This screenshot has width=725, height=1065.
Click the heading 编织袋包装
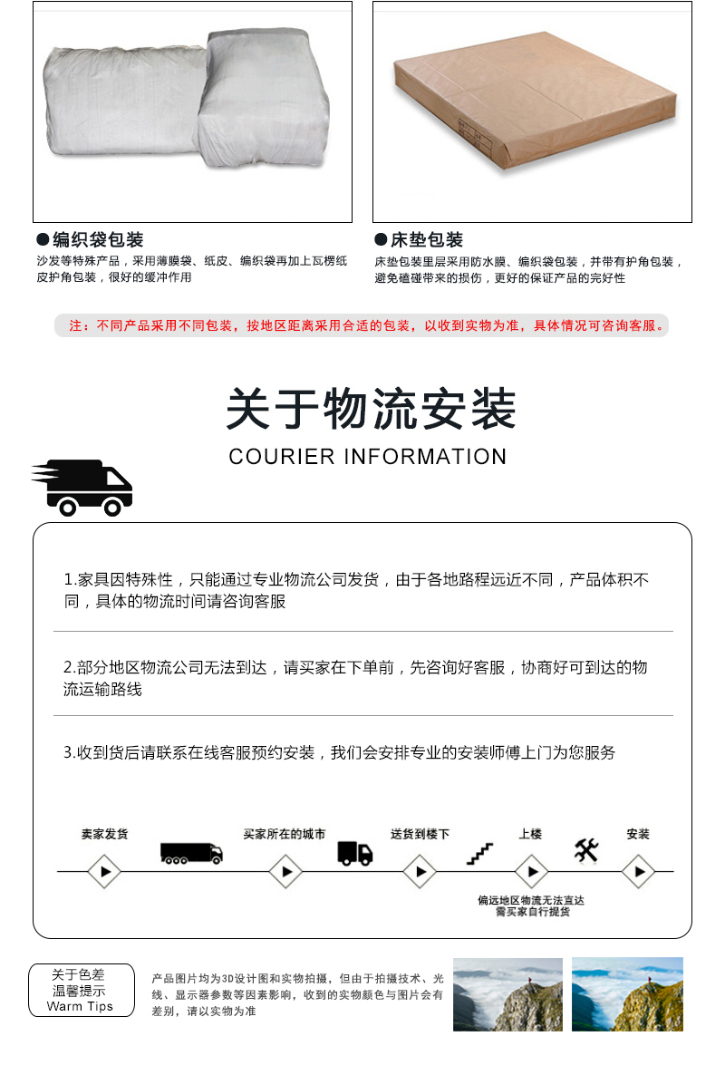[x=98, y=240]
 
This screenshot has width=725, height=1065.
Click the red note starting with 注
[x=362, y=325]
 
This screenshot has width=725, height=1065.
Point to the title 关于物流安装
[x=371, y=409]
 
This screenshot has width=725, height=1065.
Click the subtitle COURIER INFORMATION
[x=367, y=456]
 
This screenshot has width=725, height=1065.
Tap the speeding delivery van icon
[x=84, y=489]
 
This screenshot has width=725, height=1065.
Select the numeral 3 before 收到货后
[x=67, y=752]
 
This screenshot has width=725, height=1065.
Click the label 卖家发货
[x=104, y=834]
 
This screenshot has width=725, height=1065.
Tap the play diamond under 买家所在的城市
[x=285, y=872]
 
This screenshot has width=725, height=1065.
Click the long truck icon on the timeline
[x=190, y=853]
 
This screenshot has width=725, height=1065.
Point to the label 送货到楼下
[x=420, y=834]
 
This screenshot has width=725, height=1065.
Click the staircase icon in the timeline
[x=479, y=853]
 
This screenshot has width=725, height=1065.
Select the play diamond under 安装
[x=638, y=872]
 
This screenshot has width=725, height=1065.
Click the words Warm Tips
[x=80, y=1006]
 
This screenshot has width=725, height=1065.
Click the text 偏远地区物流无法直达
[x=531, y=900]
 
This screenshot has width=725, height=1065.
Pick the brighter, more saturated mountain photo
[x=627, y=994]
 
